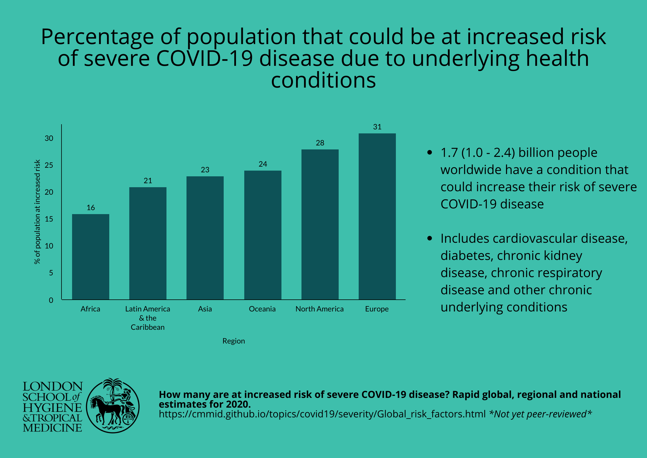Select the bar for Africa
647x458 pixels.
[x=90, y=257]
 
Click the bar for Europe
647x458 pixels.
[x=377, y=216]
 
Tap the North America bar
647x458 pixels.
[x=320, y=224]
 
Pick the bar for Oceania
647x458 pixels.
[x=263, y=235]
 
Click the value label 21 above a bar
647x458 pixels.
[x=148, y=181]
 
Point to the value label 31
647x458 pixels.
[x=377, y=127]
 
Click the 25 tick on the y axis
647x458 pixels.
[x=49, y=165]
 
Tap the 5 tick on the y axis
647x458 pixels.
[x=51, y=273]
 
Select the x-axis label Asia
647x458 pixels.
[x=205, y=309]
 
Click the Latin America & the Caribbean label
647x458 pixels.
[x=148, y=318]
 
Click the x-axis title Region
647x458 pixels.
[x=233, y=341]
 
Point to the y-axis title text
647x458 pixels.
[x=37, y=212]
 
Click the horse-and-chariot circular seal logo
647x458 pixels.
[x=113, y=406]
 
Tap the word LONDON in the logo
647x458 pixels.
[x=53, y=386]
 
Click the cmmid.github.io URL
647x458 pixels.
[x=322, y=414]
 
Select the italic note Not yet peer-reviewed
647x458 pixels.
[x=540, y=414]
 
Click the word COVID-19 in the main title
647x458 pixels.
[x=205, y=58]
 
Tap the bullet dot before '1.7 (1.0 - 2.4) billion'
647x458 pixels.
[x=429, y=153]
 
